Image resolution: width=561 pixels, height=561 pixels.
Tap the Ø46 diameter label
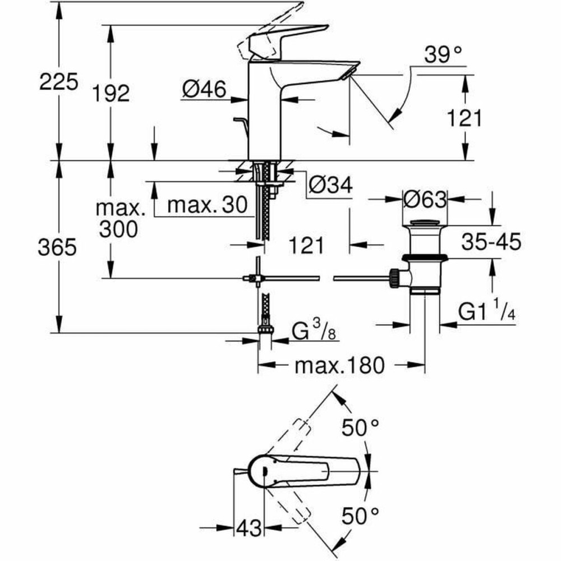pos(205,89)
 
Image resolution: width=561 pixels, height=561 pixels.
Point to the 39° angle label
pos(443,56)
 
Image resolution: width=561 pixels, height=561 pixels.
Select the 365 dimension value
pos(57,247)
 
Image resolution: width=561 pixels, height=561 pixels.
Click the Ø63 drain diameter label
pos(424,199)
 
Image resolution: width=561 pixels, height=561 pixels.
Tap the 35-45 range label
pos(491,242)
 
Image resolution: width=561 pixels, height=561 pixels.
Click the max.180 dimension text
pos(340,366)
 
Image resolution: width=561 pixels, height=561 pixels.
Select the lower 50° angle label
pos(363,514)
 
